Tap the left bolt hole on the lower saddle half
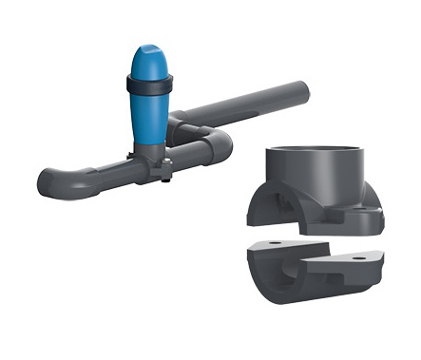pos(277,244)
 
